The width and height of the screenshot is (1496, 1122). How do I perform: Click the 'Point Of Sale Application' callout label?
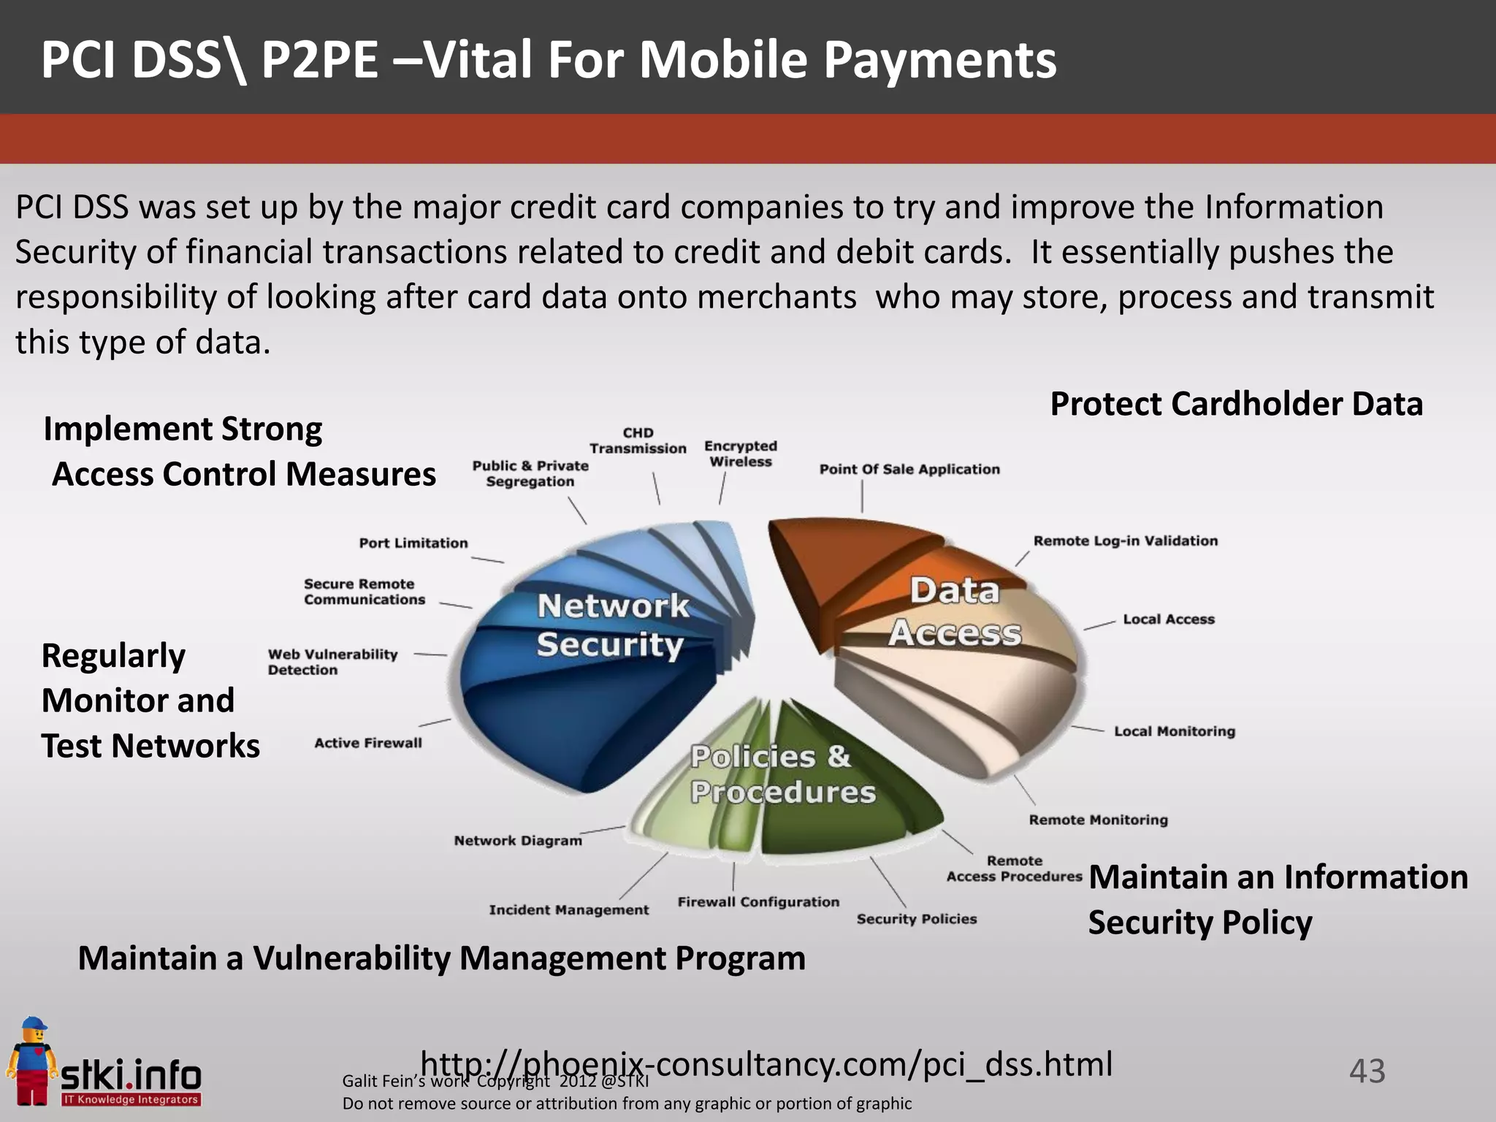pos(909,470)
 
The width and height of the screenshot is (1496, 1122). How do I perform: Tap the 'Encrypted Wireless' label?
pos(741,454)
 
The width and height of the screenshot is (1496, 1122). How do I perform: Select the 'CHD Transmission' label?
pos(638,440)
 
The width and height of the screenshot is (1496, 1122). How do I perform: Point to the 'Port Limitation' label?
pos(413,543)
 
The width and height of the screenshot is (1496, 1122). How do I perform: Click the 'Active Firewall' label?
pos(368,743)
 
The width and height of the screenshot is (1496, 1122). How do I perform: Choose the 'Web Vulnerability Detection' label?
pos(333,662)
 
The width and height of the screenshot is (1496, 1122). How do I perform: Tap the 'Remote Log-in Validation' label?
pos(1126,541)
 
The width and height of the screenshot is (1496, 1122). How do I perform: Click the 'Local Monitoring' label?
pos(1175,731)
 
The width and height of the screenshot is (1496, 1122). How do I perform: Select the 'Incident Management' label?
pos(569,909)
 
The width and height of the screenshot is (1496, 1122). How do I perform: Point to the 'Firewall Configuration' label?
pos(758,902)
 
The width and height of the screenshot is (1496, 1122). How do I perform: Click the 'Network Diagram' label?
pos(518,841)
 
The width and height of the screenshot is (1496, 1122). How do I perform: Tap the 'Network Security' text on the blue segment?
pos(612,625)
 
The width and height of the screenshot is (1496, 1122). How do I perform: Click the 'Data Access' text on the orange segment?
pos(955,612)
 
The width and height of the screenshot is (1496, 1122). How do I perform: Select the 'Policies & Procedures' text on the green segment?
pos(782,774)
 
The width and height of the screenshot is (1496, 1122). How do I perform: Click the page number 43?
pos(1367,1071)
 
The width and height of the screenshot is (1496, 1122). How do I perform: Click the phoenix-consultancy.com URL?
pos(767,1064)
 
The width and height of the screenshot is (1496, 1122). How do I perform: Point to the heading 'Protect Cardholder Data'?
pos(1237,404)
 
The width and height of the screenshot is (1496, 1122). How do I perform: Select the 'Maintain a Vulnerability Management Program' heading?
pos(441,958)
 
